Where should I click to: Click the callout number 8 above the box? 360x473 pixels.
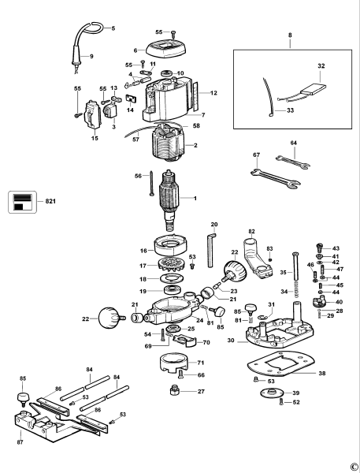pyautogui.click(x=289, y=36)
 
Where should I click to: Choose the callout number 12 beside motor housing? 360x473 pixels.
pyautogui.click(x=213, y=93)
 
